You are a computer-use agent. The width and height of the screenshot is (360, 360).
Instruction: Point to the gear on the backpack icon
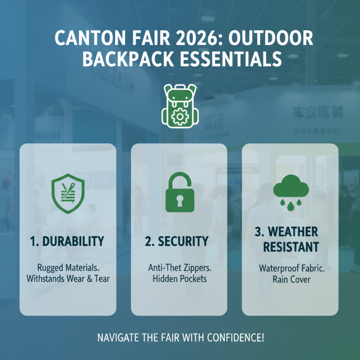click(x=180, y=116)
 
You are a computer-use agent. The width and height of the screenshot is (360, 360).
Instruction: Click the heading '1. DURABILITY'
click(x=67, y=241)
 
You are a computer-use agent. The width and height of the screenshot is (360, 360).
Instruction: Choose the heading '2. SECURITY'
click(x=177, y=241)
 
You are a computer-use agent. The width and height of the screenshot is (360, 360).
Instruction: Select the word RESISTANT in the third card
click(x=291, y=247)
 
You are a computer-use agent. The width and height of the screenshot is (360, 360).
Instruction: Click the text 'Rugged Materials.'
click(x=67, y=267)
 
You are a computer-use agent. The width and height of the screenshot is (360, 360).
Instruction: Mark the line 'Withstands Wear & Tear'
click(x=67, y=279)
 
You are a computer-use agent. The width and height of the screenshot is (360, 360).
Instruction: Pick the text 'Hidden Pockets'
click(x=179, y=279)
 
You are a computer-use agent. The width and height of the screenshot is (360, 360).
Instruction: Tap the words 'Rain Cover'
click(x=290, y=279)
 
